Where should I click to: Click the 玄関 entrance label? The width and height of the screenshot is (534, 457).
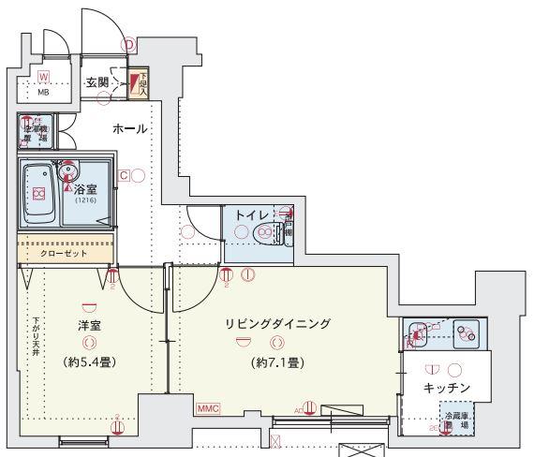96,82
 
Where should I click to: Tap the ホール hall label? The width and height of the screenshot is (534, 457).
128,127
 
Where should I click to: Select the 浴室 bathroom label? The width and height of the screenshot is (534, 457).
86,187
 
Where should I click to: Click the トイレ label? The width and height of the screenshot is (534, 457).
250,214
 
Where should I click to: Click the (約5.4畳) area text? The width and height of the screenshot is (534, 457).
89,361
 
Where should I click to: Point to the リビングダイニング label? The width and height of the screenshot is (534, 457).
277,324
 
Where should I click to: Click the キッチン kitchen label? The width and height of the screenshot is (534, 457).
446,387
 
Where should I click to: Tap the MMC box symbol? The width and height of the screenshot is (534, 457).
208,408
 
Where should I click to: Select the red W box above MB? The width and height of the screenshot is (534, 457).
43,76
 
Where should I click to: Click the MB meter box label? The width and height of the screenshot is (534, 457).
43,93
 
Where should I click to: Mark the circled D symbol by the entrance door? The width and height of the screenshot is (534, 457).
129,42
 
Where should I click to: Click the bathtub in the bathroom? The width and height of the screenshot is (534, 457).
39,194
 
